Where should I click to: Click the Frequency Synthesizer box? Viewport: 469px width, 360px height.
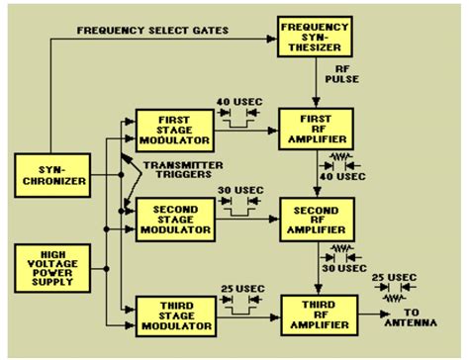pos(314,41)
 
